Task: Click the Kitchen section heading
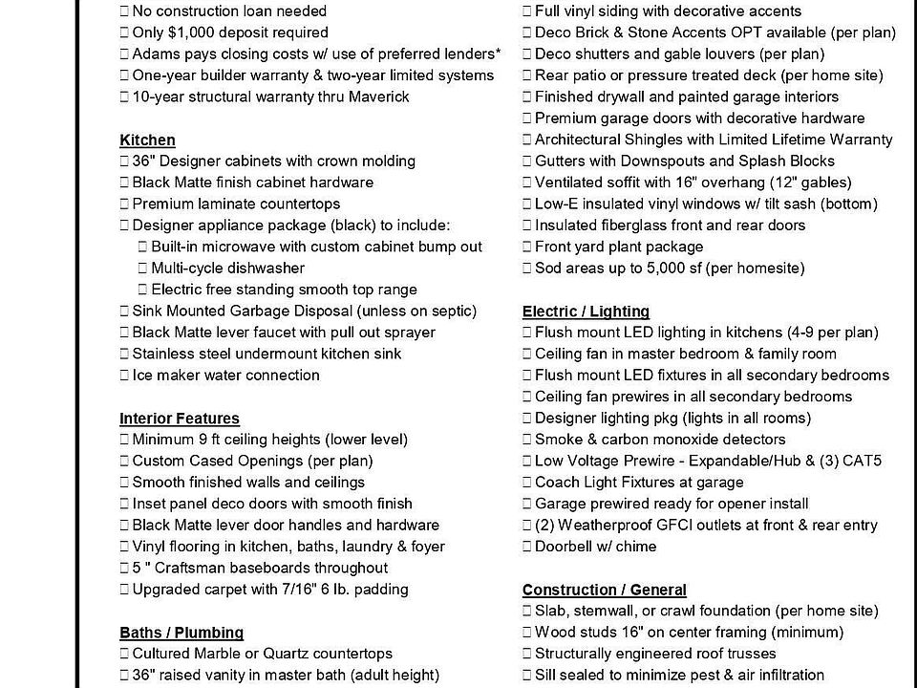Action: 147,140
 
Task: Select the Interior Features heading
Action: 180,418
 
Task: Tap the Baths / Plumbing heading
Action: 181,633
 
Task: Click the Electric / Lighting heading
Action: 586,311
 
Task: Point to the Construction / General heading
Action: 604,590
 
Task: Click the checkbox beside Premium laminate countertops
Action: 125,204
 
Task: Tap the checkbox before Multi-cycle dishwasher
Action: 143,269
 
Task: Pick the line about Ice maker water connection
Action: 225,376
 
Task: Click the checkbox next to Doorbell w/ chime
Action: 527,547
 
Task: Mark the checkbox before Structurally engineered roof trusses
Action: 527,654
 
